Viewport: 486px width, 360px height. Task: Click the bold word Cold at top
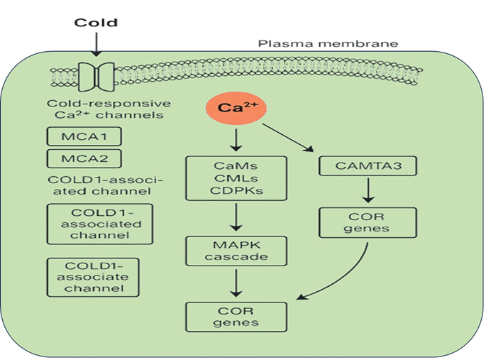(96, 23)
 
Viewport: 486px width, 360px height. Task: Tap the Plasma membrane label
(328, 44)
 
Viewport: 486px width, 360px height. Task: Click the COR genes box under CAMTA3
(367, 222)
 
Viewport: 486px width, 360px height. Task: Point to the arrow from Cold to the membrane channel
(96, 45)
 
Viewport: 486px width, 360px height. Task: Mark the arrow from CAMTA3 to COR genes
(367, 191)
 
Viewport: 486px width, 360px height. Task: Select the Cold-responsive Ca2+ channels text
(104, 108)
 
